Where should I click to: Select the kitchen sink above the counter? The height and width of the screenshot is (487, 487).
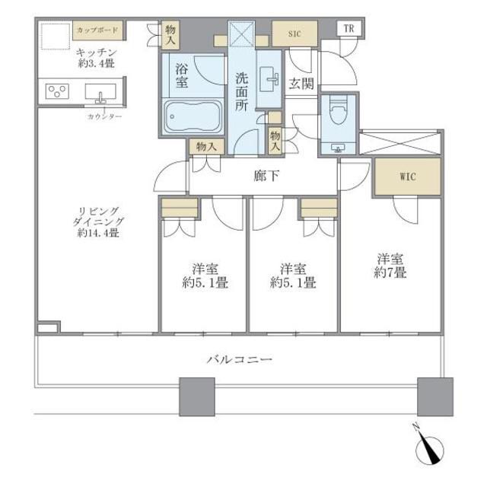[100, 92]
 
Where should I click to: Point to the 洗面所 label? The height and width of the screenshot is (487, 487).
[241, 91]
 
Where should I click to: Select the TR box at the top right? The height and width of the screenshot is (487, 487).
[349, 29]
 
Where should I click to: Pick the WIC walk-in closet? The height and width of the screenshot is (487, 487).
[407, 177]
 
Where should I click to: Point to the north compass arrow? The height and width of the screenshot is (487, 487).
[431, 448]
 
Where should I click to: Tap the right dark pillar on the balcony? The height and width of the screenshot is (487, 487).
[434, 395]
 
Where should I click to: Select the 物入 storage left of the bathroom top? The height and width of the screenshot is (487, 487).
[171, 34]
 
